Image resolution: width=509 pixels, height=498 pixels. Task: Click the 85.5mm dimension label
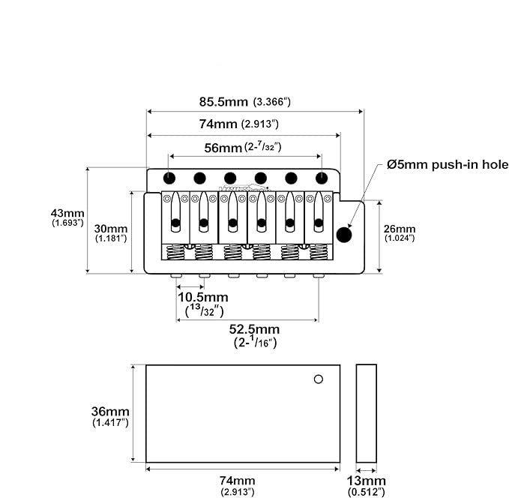pos(223,102)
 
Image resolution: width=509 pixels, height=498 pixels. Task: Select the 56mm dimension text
pos(223,148)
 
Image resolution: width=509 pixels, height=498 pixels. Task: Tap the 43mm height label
pos(67,213)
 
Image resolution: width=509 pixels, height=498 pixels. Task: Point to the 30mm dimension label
pos(111,229)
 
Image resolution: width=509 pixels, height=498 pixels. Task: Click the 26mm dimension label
pos(400,229)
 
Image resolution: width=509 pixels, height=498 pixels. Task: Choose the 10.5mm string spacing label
pos(203,297)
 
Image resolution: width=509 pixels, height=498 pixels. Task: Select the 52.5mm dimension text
pos(254,329)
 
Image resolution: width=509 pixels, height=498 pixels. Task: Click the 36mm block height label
pos(110,412)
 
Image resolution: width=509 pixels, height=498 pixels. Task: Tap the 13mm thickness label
pos(366,481)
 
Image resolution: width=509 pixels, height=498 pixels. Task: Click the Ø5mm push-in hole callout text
pos(448,164)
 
